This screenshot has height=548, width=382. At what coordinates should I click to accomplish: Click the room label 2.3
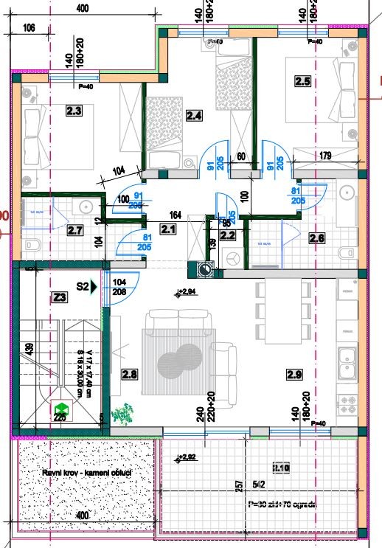pyautogui.click(x=74, y=111)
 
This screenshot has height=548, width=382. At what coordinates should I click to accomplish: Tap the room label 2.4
pyautogui.click(x=194, y=115)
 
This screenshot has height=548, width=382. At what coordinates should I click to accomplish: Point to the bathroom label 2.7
pyautogui.click(x=74, y=230)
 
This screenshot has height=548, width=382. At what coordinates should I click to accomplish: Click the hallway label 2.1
pyautogui.click(x=169, y=229)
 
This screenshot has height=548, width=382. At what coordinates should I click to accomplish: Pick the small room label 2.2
pyautogui.click(x=227, y=236)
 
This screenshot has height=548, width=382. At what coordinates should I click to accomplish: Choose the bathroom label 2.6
pyautogui.click(x=317, y=237)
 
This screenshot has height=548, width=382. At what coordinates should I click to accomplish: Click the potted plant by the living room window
pyautogui.click(x=125, y=413)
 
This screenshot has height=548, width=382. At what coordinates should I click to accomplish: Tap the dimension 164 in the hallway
pyautogui.click(x=176, y=215)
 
